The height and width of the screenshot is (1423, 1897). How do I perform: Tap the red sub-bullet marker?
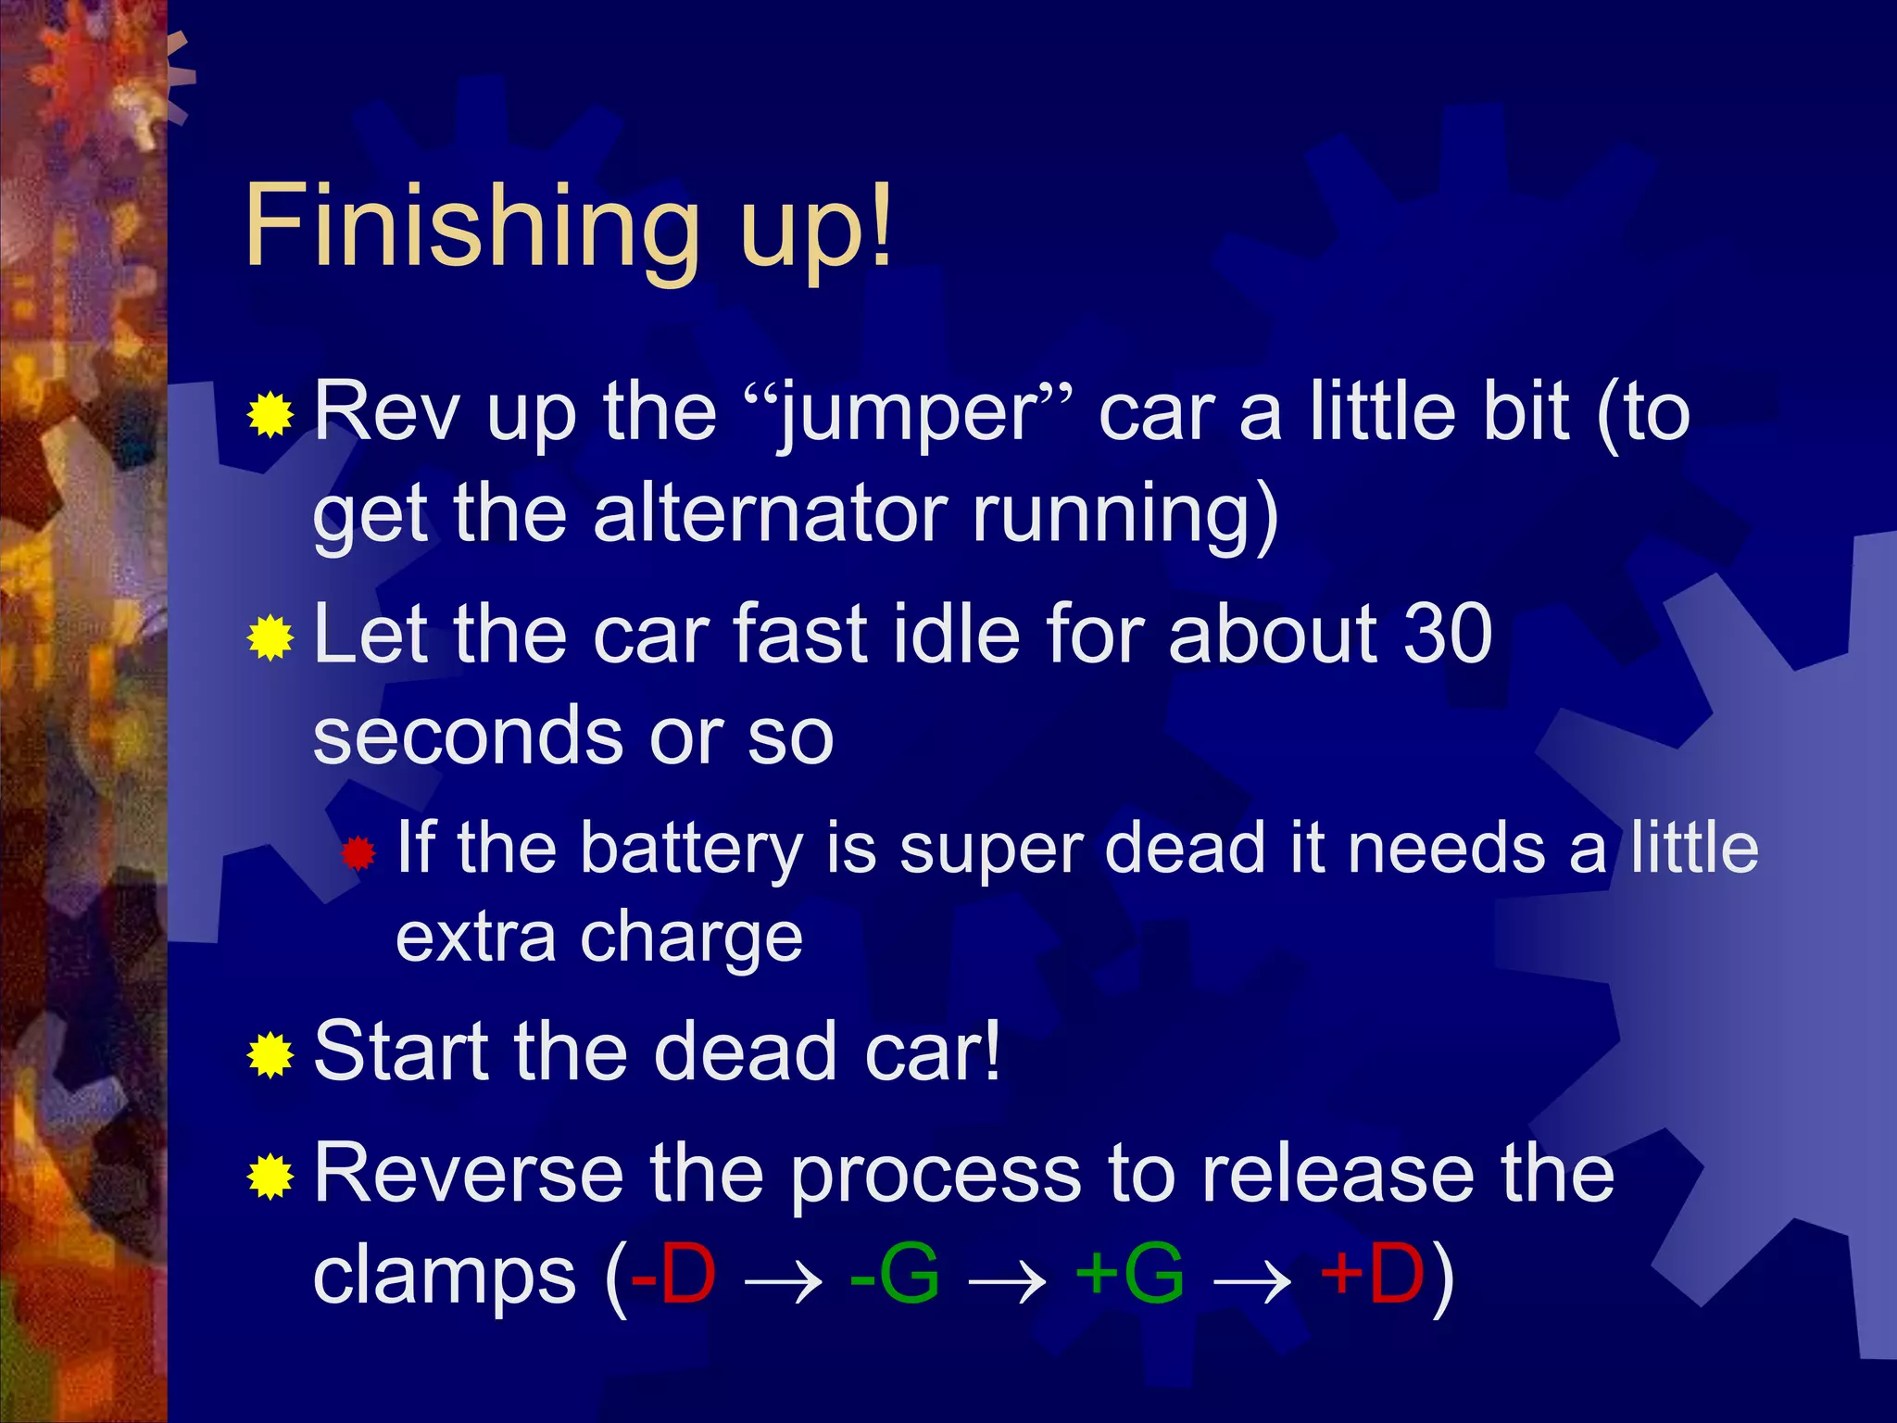point(358,853)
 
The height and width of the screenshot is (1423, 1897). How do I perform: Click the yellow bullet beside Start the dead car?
point(270,1055)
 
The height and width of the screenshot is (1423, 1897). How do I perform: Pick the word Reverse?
point(469,1175)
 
